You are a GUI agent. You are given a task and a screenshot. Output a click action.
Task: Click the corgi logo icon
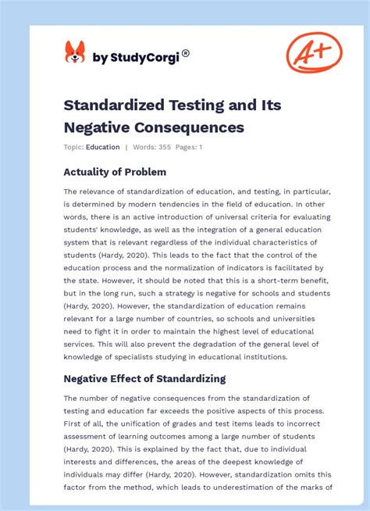coord(75,52)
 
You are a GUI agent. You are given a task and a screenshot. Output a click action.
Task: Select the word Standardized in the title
coord(115,105)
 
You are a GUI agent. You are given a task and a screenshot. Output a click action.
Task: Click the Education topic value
coord(103,147)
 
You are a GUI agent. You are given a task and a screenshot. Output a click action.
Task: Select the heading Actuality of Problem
coord(115,172)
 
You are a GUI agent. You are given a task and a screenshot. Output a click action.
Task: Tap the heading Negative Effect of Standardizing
coord(144,378)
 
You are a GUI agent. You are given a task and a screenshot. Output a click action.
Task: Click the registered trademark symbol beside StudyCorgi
coord(185,53)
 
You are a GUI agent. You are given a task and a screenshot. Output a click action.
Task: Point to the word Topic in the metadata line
coord(73,147)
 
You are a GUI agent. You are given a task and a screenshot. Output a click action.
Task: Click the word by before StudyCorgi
coord(99,56)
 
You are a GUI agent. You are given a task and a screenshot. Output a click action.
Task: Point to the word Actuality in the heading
coord(92,172)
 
